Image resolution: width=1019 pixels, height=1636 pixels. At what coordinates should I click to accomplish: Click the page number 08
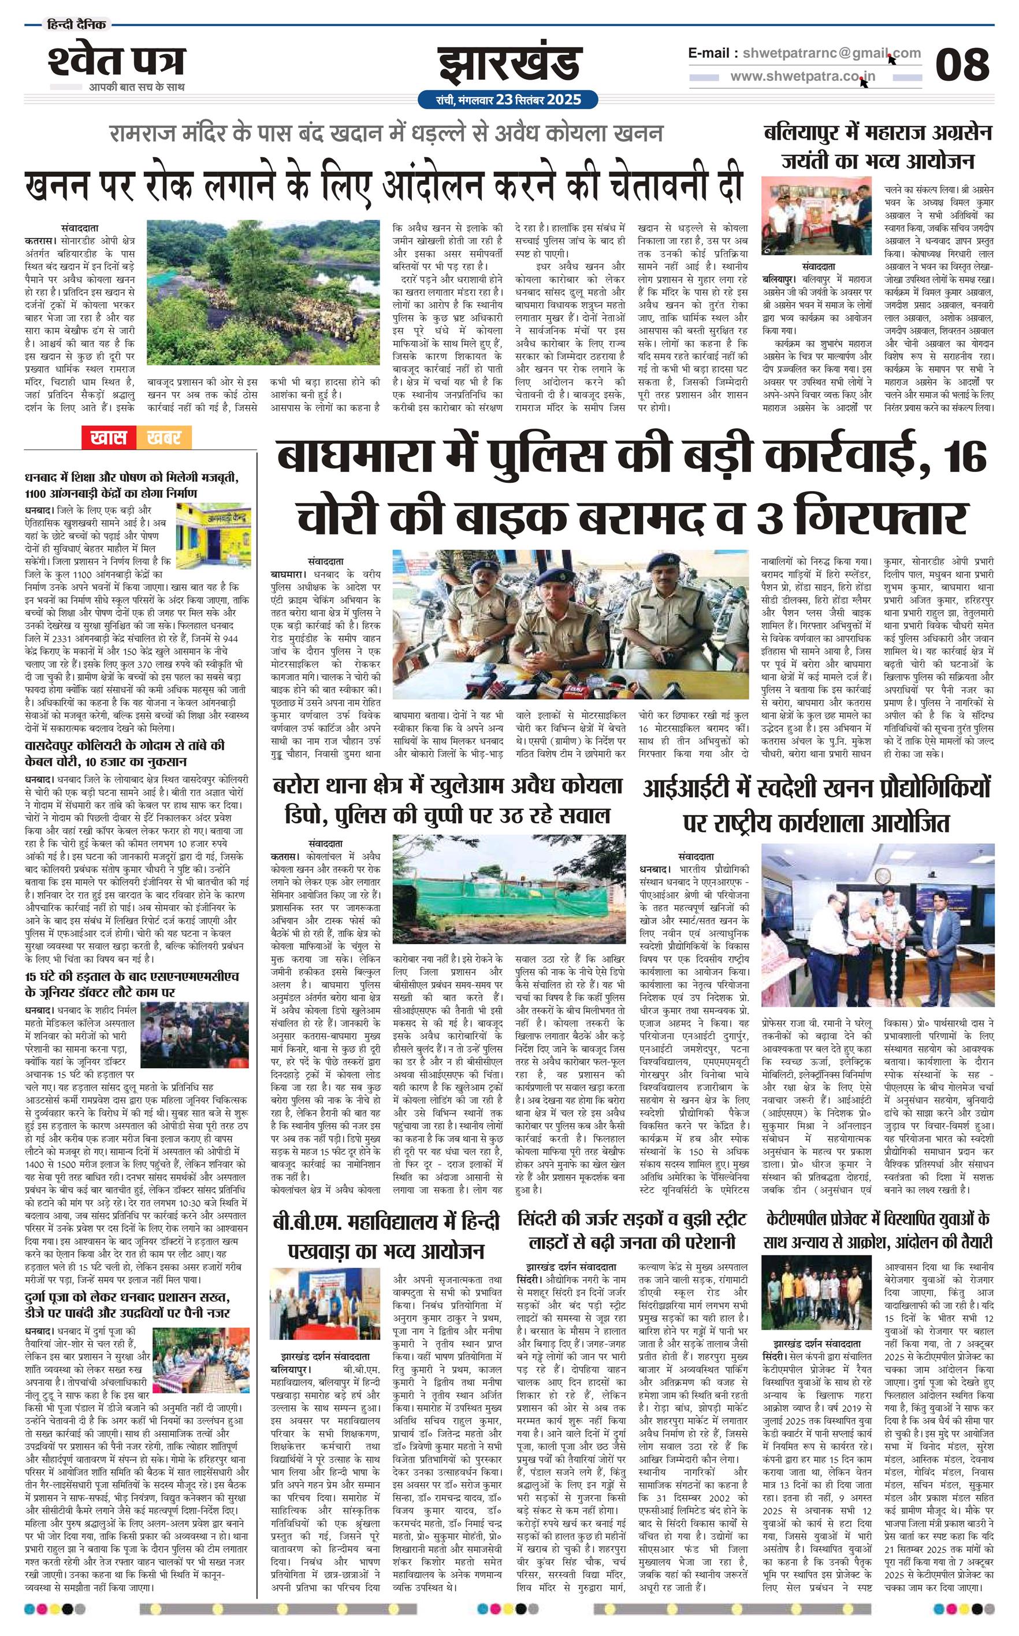tap(962, 65)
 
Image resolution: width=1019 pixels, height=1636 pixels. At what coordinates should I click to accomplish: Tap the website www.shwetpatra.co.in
tap(802, 76)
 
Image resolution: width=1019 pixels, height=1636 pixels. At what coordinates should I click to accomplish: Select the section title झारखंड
tap(509, 65)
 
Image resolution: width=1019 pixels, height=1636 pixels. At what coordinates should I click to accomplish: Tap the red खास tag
tap(108, 438)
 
